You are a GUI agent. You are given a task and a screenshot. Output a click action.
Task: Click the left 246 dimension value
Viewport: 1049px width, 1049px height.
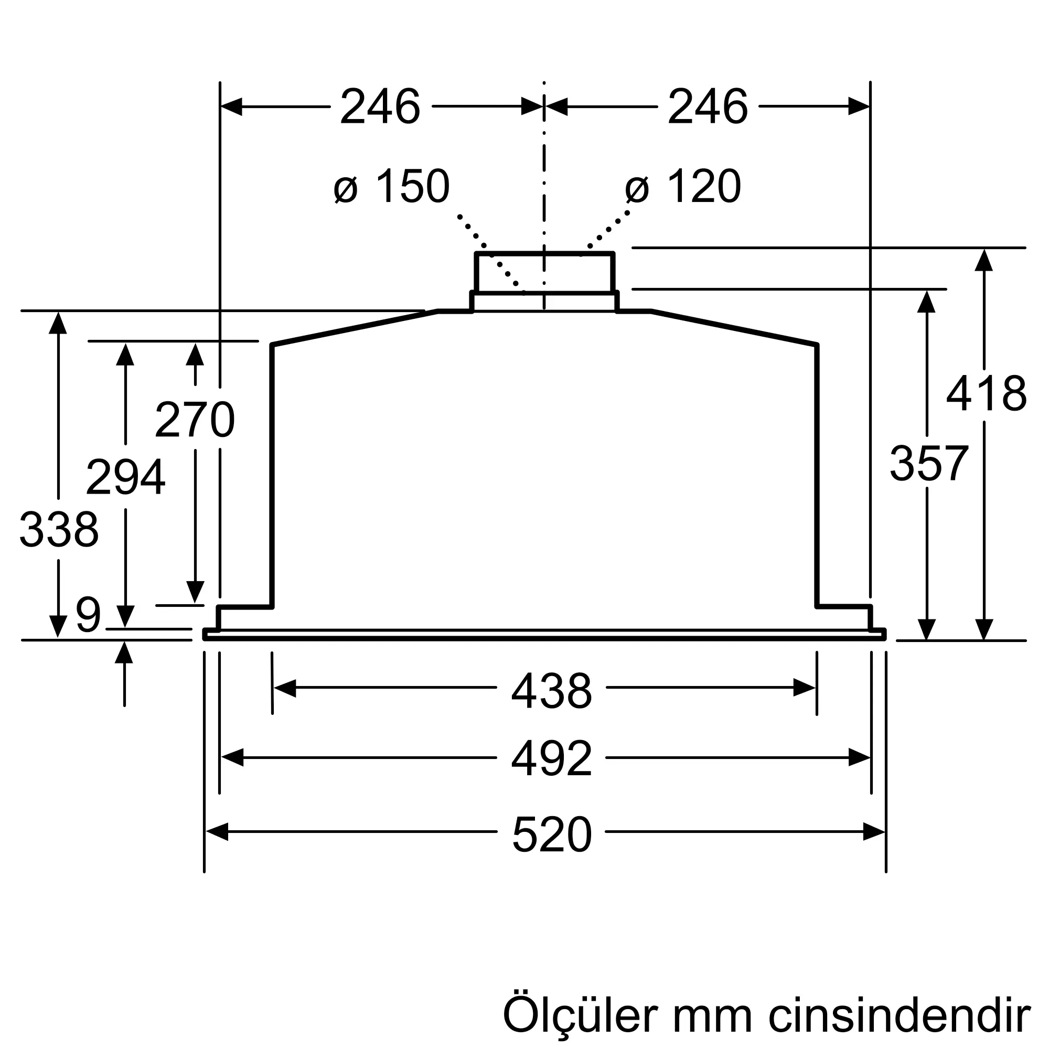380,107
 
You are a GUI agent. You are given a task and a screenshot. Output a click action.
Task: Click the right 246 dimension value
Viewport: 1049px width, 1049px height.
708,107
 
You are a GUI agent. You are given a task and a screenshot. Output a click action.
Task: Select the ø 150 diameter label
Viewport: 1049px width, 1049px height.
392,186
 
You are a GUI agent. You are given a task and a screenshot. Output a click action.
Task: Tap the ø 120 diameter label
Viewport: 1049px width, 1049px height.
683,186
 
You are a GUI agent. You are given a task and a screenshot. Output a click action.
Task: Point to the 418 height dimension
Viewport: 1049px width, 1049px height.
986,394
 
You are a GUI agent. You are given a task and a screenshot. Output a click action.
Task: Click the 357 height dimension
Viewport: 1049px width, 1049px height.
928,463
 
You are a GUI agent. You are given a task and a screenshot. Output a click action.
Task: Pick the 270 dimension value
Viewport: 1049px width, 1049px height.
195,420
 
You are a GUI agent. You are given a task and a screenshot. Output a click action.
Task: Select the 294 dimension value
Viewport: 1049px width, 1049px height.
125,477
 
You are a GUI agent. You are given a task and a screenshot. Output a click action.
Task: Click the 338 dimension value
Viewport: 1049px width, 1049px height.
59,529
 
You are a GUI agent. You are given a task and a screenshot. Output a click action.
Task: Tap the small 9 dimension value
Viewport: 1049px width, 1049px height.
89,615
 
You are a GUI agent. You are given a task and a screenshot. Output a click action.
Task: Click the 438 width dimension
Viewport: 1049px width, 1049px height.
551,691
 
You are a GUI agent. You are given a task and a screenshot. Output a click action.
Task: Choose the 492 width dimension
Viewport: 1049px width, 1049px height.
551,758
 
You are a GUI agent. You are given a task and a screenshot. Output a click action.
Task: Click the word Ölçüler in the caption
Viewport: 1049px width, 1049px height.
580,1015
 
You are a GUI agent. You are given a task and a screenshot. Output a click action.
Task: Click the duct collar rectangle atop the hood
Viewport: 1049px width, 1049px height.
544,273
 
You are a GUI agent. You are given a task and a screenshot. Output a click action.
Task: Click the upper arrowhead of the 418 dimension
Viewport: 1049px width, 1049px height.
984,260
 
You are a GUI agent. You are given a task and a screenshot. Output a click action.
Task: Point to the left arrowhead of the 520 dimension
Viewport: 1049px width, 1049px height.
217,832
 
